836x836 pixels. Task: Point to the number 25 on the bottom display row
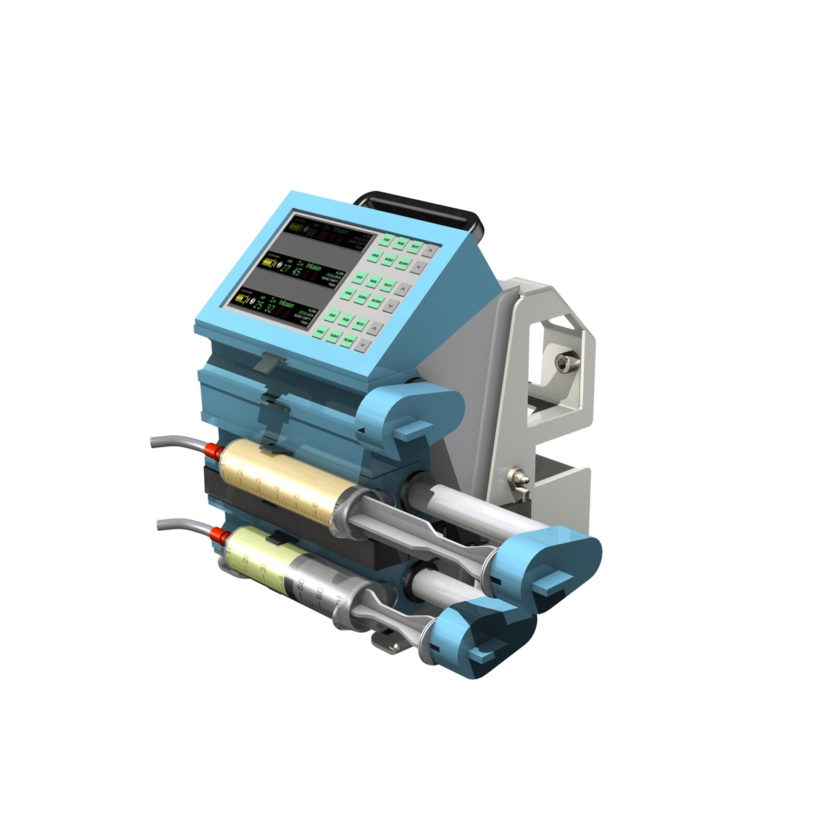tap(258, 305)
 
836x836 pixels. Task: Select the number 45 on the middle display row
tap(296, 272)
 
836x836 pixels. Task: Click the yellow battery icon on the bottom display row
tap(242, 298)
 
